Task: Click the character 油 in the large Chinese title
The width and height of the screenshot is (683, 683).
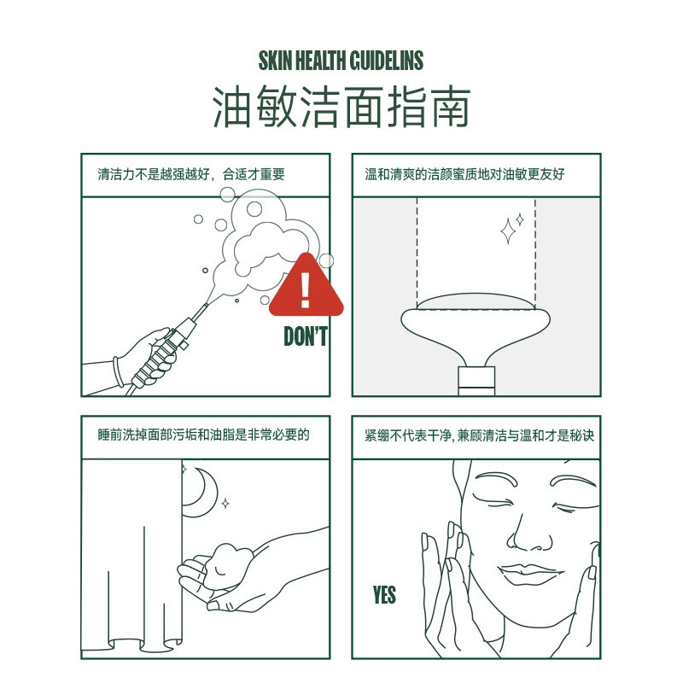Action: [232, 107]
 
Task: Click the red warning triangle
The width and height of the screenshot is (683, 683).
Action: [306, 286]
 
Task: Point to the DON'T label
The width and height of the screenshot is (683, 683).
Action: [306, 336]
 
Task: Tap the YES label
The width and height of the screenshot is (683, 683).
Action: [384, 594]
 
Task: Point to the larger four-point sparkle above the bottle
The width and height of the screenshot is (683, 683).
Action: [508, 231]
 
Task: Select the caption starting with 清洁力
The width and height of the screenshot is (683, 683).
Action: [190, 174]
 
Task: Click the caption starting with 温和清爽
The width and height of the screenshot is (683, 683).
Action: [464, 174]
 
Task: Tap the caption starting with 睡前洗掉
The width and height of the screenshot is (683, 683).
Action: [203, 435]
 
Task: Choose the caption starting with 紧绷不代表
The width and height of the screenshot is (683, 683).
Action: [479, 435]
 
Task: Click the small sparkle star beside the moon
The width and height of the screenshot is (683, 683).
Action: [225, 504]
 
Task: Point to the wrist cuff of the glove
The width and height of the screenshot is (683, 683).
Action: [118, 371]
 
